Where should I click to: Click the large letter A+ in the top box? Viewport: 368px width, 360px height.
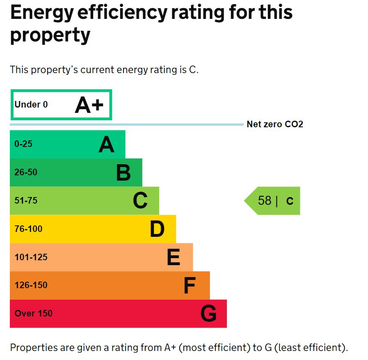89,105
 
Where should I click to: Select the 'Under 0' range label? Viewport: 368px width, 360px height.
31,105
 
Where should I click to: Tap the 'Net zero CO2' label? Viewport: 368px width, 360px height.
274,124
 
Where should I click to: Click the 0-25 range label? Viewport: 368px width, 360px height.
23,144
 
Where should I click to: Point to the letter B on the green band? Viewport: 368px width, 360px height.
123,173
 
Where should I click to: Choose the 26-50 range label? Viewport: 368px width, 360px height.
26,172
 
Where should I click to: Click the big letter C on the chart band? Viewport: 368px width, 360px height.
140,201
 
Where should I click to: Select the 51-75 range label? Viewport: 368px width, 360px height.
26,201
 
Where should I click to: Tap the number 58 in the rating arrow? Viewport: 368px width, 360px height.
265,201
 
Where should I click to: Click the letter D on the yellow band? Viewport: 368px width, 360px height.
157,229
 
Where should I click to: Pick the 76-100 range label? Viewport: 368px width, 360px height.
28,229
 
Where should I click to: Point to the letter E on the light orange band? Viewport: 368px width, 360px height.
174,257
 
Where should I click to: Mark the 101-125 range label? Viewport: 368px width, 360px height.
31,257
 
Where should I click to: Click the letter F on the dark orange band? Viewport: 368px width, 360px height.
189,286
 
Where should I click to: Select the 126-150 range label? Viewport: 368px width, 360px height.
31,285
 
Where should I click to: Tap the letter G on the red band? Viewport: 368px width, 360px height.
208,314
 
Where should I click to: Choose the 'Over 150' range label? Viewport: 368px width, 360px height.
34,314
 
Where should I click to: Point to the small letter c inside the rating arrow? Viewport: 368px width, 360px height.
290,201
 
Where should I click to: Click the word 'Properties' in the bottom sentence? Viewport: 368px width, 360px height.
34,348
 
